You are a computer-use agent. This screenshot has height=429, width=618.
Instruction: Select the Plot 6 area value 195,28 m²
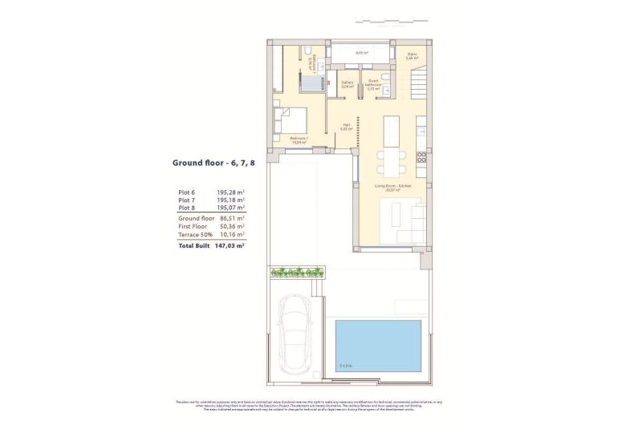click(x=230, y=192)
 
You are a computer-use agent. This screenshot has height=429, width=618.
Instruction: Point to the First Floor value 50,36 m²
click(x=230, y=227)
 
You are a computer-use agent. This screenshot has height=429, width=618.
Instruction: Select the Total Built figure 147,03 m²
click(x=230, y=246)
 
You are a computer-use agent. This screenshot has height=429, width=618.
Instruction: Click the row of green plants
click(x=298, y=273)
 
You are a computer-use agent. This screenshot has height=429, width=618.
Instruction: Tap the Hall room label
click(x=347, y=127)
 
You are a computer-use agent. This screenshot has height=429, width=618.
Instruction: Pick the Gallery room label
click(x=348, y=83)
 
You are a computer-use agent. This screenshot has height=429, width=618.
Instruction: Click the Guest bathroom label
click(x=373, y=84)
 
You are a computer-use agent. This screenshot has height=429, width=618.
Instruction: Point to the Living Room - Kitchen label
click(x=392, y=188)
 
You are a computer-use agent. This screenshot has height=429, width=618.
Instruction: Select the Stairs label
click(x=412, y=56)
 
